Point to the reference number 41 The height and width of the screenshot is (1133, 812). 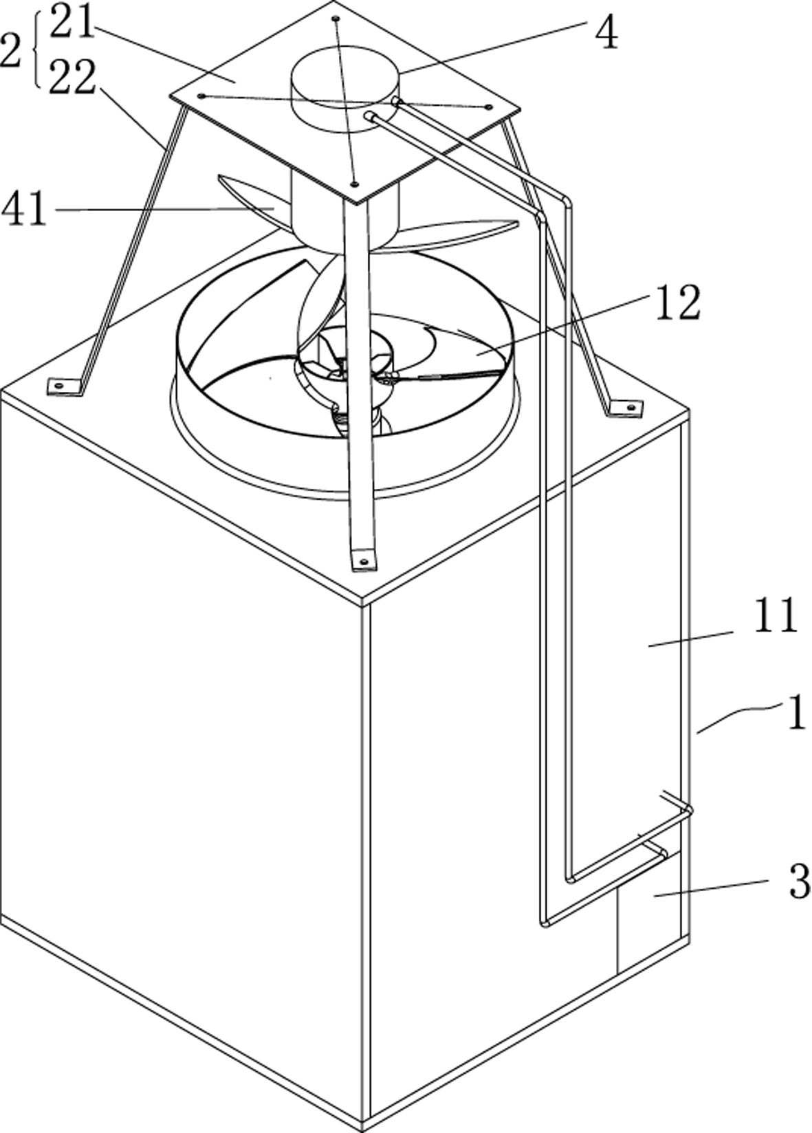point(25,210)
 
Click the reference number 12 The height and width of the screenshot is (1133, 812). point(678,302)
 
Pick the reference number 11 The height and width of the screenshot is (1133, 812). point(776,615)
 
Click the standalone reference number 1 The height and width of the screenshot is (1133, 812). point(798,713)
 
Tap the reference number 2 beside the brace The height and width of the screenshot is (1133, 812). point(11,51)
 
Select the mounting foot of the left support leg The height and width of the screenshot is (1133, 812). point(64,386)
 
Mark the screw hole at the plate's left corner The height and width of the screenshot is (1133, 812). point(202,96)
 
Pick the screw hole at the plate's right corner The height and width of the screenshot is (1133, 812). point(489,107)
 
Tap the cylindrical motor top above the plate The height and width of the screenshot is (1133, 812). point(344,89)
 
